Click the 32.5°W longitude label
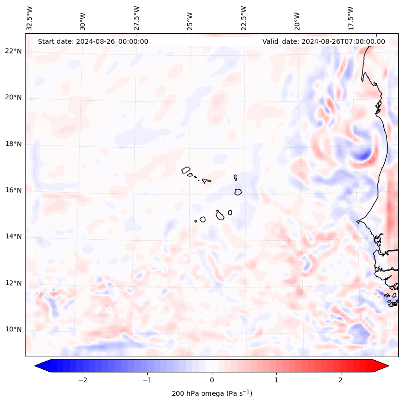[30, 18]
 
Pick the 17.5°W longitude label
[351, 18]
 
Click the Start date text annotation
[93, 41]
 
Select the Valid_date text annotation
[324, 41]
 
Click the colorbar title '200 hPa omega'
[212, 393]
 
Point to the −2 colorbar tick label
[82, 380]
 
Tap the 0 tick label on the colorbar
[212, 380]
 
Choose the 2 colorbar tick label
[341, 380]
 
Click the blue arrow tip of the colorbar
[39, 366]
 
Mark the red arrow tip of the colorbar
[385, 366]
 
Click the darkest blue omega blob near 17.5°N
[362, 155]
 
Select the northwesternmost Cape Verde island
[186, 170]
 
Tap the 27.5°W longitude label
[137, 18]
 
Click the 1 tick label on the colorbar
[276, 380]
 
